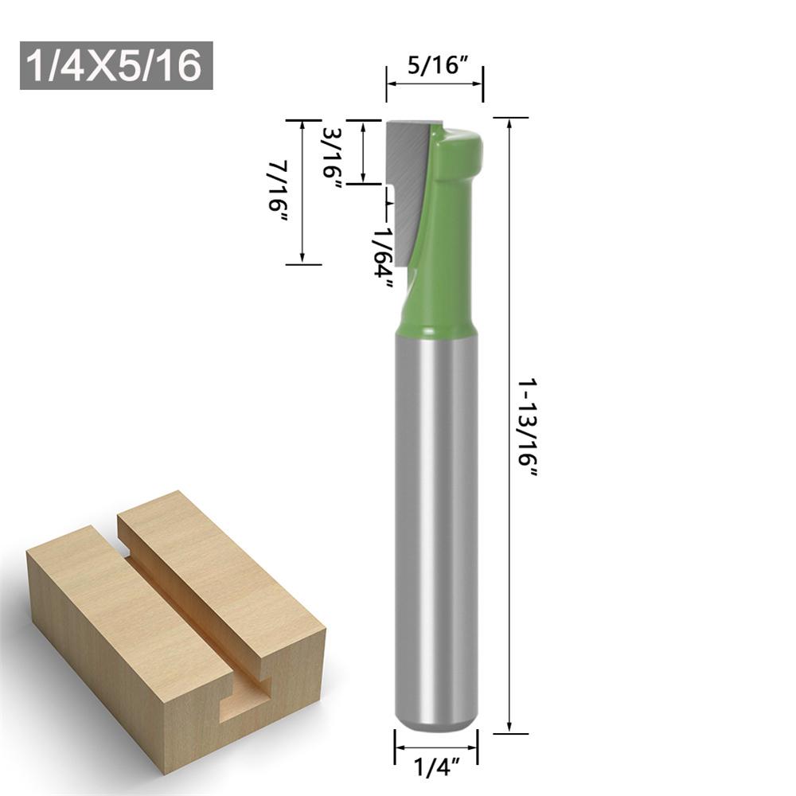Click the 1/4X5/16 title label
[x=116, y=65]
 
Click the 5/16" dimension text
[x=435, y=65]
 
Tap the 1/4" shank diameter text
[x=436, y=769]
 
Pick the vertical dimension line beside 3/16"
[x=363, y=151]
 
